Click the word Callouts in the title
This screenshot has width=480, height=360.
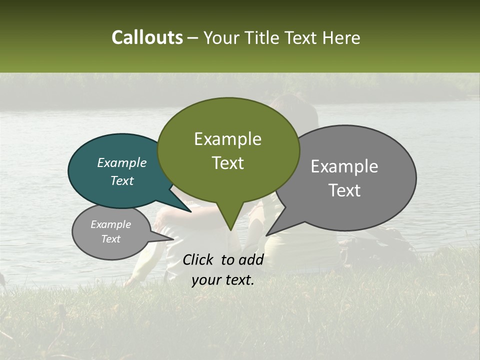coord(147,37)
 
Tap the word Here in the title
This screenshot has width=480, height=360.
coord(341,37)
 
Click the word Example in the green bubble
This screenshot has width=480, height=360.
coord(227,139)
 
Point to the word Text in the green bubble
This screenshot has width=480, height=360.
coord(227,163)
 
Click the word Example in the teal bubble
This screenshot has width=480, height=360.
coord(121,162)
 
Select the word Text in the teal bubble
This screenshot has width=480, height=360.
coord(121,180)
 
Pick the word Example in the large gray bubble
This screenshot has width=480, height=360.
coord(344,166)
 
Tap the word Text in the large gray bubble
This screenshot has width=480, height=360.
coord(344,190)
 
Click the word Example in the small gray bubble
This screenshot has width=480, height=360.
coord(110,224)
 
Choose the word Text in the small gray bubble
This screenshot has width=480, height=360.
coord(110,239)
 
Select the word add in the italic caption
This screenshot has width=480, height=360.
coord(251,259)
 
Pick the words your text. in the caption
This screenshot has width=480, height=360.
coord(222,280)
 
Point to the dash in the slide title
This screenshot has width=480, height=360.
coord(194,38)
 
